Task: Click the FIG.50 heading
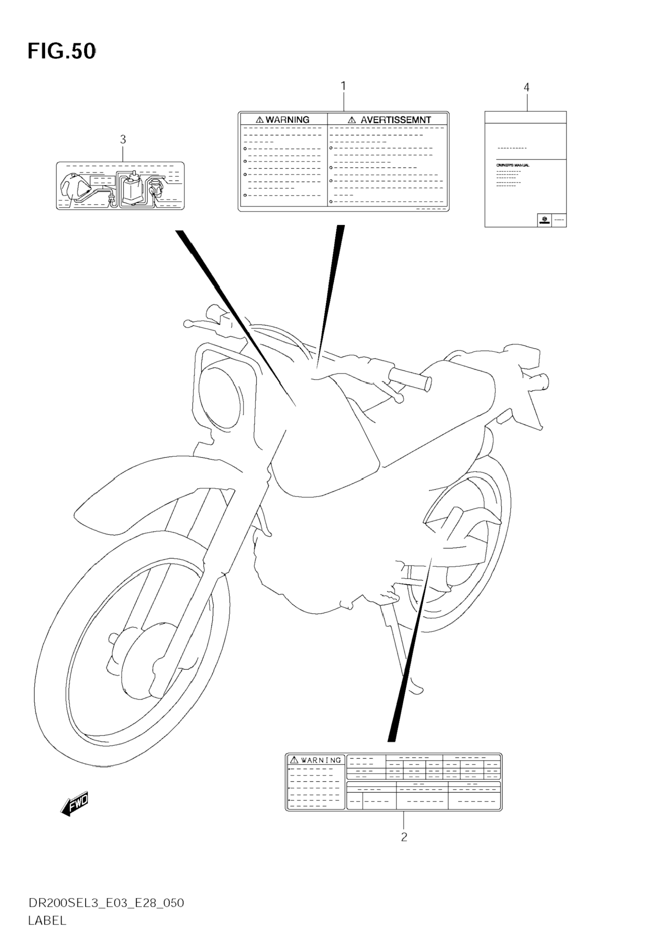62,52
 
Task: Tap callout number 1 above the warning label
343,86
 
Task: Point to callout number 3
123,139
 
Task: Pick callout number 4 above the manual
527,87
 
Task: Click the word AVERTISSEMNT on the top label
396,120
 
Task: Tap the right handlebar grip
409,379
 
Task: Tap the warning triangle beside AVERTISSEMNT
352,120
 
